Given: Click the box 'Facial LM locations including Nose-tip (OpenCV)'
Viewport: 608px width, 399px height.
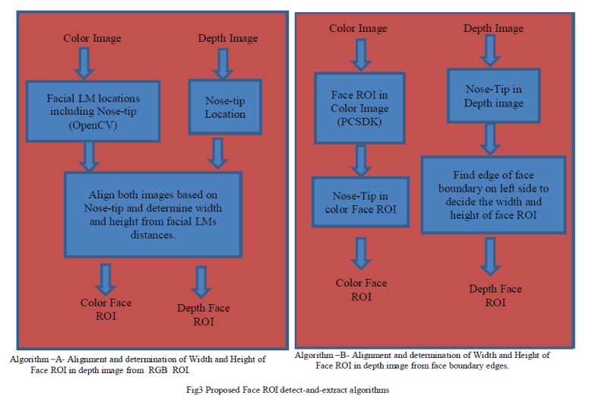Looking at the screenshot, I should pyautogui.click(x=93, y=111).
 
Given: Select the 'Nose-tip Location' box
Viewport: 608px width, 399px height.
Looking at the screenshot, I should pyautogui.click(x=225, y=107).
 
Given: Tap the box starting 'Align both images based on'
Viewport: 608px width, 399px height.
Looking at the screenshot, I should pyautogui.click(x=153, y=214).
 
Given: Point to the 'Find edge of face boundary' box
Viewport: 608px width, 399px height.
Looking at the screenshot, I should pyautogui.click(x=493, y=195).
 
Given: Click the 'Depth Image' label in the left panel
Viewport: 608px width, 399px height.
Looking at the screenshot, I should pyautogui.click(x=227, y=38).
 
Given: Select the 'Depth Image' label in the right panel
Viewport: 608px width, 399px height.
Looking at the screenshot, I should pyautogui.click(x=493, y=28).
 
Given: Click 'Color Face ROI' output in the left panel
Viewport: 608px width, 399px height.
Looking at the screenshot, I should pyautogui.click(x=106, y=309).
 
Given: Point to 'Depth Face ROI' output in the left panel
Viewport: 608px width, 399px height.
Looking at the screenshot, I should pyautogui.click(x=203, y=314).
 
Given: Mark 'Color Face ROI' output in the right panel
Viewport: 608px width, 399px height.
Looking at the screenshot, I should pyautogui.click(x=361, y=290).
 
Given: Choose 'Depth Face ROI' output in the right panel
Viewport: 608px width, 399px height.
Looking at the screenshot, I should pyautogui.click(x=495, y=295).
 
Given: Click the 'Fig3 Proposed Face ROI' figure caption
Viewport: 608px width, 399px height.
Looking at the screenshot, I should pyautogui.click(x=287, y=389).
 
